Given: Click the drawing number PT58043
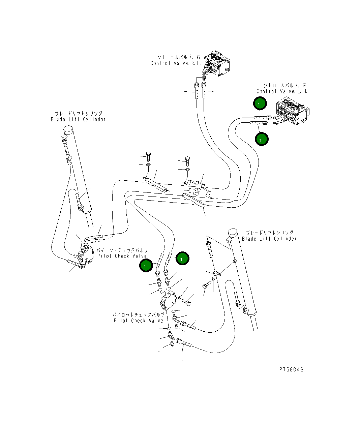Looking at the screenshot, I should coord(291,369).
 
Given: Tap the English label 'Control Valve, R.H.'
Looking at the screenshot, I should coord(175,63).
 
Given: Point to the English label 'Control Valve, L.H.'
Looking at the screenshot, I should coord(281,91).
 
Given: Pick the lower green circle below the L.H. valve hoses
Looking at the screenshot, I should coord(262,139).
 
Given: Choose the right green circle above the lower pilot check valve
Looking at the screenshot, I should coord(182,259).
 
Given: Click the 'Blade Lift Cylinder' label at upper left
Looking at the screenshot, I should coord(78,119).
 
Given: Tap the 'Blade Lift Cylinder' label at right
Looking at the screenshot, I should coord(269,239).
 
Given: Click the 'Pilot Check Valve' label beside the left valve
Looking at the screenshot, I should coord(122,256).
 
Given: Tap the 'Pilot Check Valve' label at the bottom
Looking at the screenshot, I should coord(138,321).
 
